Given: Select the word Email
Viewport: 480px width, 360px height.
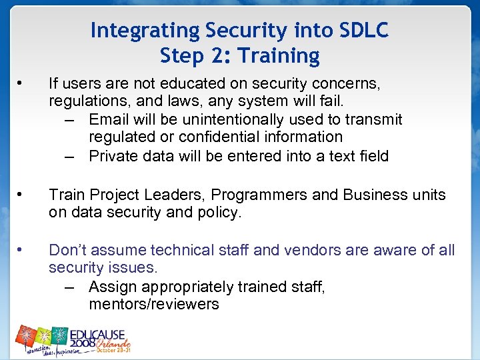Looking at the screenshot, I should (109, 119).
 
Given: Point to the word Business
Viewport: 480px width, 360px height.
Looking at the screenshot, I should (374, 195).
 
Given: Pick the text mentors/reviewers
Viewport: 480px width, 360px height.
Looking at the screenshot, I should (153, 304).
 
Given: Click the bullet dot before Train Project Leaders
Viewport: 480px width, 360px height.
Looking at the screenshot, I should (21, 195).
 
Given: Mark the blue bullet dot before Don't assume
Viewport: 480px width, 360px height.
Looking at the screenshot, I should (21, 250).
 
